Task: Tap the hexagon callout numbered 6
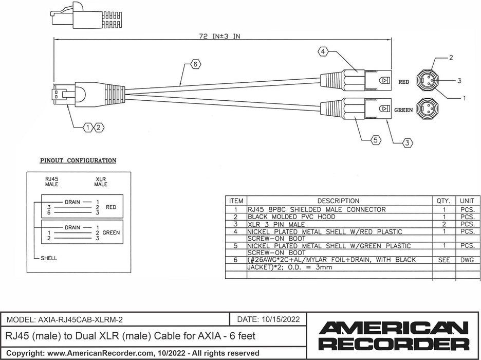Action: [x=195, y=64]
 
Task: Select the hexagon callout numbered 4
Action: [x=323, y=52]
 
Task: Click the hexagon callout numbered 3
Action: [x=408, y=143]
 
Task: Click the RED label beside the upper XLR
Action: [x=404, y=82]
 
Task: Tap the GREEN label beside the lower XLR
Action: [x=403, y=110]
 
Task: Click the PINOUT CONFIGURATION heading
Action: [x=78, y=160]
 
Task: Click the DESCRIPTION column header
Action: [x=338, y=201]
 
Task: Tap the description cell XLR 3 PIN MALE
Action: [x=276, y=224]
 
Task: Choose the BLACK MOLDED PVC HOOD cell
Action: [x=285, y=217]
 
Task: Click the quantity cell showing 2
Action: [x=443, y=224]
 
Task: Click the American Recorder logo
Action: [x=394, y=336]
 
